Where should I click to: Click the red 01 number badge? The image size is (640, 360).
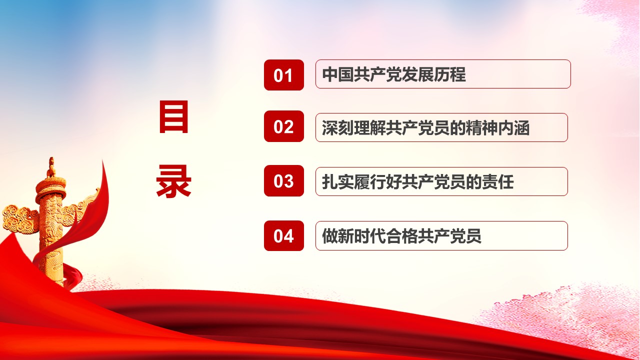click(283, 75)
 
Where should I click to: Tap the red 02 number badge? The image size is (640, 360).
click(283, 126)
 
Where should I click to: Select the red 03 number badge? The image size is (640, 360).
click(283, 180)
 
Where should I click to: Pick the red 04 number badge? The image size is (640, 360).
click(283, 235)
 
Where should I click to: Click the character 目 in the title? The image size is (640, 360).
click(173, 116)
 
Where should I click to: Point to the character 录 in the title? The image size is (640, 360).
click(173, 181)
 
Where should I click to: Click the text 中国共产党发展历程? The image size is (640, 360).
click(394, 74)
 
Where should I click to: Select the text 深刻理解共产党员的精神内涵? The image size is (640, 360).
click(425, 127)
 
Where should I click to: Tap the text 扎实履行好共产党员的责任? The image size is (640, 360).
click(417, 181)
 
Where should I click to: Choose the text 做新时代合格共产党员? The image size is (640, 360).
click(401, 236)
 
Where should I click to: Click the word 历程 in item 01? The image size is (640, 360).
click(450, 74)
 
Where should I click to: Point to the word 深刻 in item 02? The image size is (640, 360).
click(337, 127)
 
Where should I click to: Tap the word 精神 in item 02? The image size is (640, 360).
click(481, 127)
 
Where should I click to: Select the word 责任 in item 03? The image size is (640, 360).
click(497, 181)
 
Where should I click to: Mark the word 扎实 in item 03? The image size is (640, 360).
click(337, 181)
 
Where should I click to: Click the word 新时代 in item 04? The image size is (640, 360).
click(361, 236)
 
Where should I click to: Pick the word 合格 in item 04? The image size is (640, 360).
click(401, 236)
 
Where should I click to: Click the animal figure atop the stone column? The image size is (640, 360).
click(51, 167)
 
